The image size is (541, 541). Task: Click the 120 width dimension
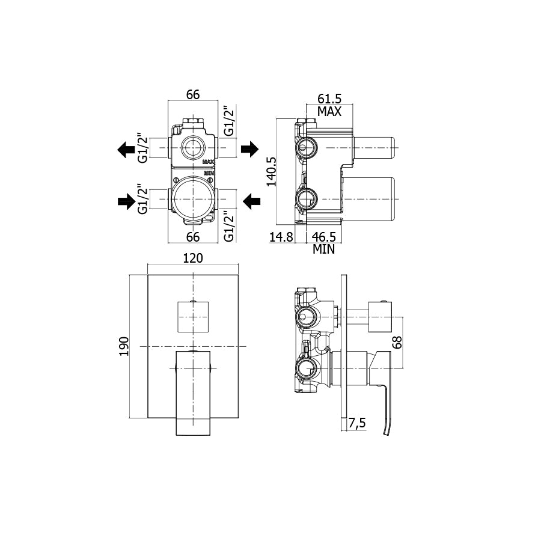click(193, 258)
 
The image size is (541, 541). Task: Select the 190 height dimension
click(123, 346)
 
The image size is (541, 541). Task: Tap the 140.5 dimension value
click(272, 172)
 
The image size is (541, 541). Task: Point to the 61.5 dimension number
click(329, 99)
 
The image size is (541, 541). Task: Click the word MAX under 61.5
click(329, 111)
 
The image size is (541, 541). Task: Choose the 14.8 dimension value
click(281, 237)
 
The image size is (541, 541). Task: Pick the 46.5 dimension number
click(323, 237)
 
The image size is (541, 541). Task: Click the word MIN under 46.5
click(323, 249)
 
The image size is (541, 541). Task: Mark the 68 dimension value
click(397, 342)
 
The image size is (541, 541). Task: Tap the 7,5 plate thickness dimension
click(356, 423)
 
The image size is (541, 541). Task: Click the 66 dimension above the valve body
click(193, 94)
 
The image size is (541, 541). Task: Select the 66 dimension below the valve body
click(193, 237)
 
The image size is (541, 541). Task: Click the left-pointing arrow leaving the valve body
click(126, 150)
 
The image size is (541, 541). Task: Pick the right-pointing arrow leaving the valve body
click(249, 149)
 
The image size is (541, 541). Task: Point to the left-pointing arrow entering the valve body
click(251, 201)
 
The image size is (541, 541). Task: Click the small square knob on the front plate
click(193, 317)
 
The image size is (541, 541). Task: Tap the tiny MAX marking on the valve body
click(209, 162)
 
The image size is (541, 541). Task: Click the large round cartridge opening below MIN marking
click(193, 200)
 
